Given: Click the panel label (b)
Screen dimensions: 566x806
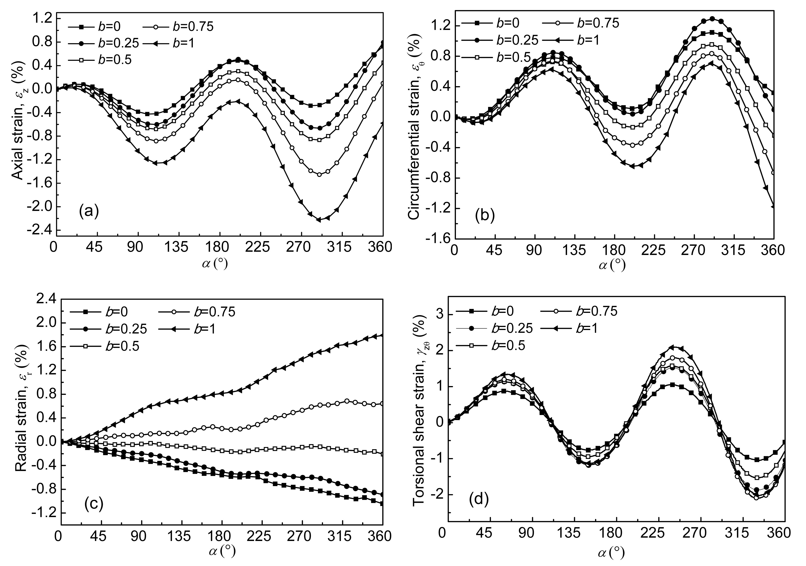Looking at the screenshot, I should click(x=485, y=216).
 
